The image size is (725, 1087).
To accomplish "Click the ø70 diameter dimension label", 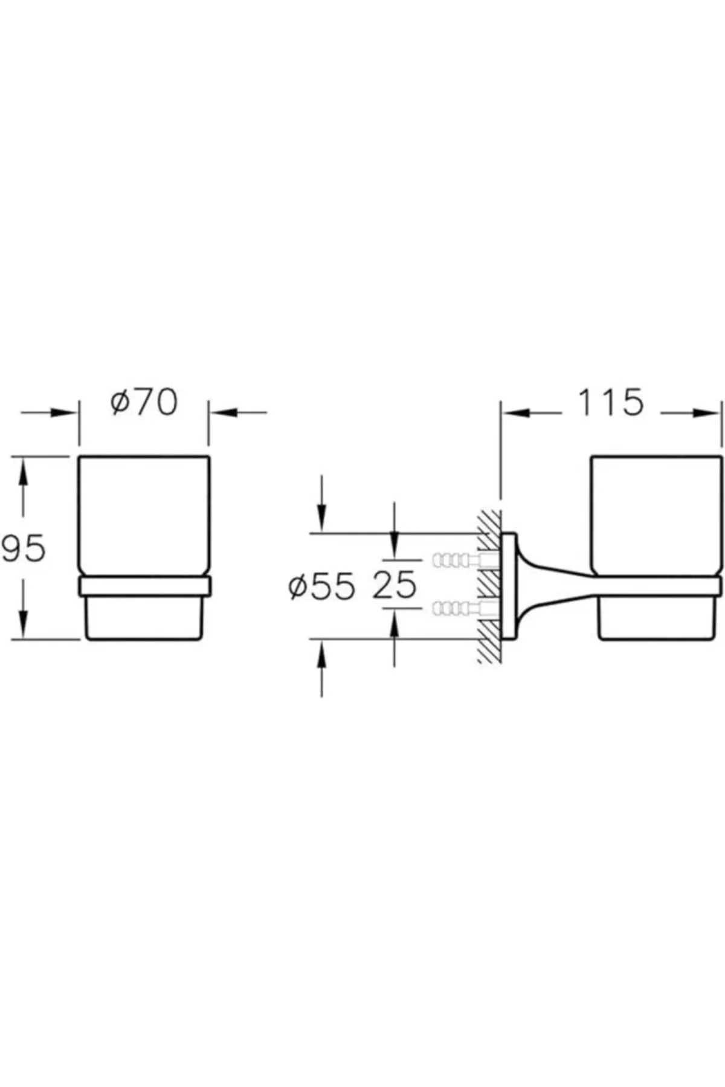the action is pos(144,403).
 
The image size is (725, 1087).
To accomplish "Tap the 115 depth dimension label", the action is pos(611,403).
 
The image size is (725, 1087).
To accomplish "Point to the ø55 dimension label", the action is pos(322,586).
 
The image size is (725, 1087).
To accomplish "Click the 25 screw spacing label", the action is pos(395,585).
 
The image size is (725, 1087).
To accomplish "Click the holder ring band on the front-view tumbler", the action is pos(144,586).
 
